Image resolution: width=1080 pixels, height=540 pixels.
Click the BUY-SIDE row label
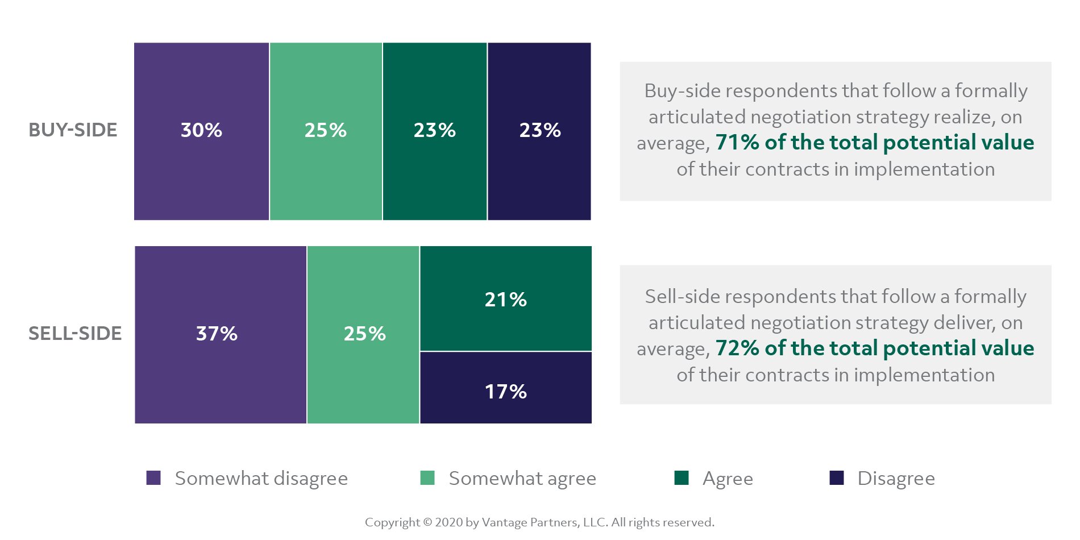(73, 130)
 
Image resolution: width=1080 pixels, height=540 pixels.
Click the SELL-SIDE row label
(75, 334)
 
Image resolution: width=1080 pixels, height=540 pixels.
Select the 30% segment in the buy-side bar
(201, 131)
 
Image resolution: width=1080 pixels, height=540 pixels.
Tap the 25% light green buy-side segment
(326, 131)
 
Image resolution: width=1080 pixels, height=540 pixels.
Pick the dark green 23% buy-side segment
(435, 131)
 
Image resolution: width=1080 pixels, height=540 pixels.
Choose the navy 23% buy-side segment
(539, 131)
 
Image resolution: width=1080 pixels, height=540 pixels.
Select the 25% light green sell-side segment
(364, 334)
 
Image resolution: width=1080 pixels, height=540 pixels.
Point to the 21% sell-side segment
(505, 299)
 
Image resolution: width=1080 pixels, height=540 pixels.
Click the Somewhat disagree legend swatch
(153, 478)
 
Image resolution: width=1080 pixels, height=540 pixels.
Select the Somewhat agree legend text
(522, 479)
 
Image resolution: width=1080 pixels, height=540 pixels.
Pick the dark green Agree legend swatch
(681, 478)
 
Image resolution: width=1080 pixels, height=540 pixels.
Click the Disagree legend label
(896, 479)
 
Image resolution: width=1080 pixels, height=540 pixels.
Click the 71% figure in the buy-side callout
(737, 143)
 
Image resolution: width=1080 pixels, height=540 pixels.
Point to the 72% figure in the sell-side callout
(737, 348)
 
